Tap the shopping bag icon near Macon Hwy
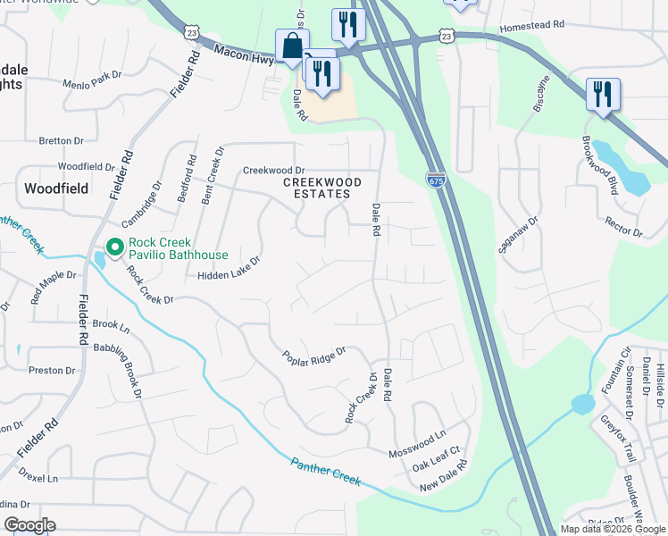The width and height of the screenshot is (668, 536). coord(292,46)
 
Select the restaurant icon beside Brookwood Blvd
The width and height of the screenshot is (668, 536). coord(603,94)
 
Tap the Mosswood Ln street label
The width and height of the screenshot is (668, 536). coord(417,440)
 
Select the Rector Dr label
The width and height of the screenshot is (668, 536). coord(623,226)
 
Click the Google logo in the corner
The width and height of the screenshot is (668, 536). coord(29,525)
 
